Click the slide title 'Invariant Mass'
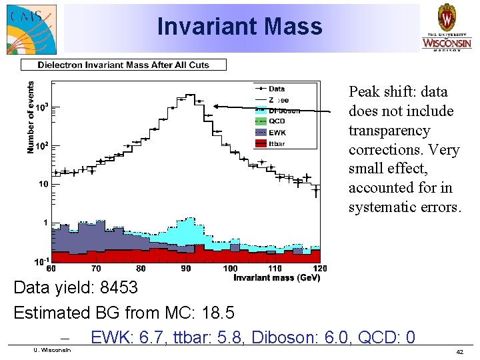[239, 27]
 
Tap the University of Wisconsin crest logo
[446, 27]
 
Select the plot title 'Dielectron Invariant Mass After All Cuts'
[123, 65]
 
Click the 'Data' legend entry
[276, 88]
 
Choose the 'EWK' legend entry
[277, 132]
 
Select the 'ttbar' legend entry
[277, 143]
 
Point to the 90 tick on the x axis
[185, 269]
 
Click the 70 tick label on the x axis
[95, 269]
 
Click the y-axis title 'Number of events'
[31, 117]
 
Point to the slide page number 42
[459, 351]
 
